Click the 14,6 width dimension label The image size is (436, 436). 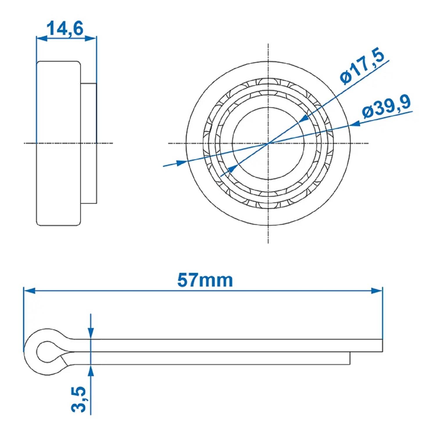coord(65,28)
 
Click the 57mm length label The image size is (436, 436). coord(205,280)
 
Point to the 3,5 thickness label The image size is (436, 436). coord(79,399)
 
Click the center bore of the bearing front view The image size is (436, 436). coord(268,143)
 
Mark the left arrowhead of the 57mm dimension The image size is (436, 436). coord(29,290)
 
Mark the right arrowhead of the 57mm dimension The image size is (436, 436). coord(377,290)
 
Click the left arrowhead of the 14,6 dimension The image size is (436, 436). coord(42,38)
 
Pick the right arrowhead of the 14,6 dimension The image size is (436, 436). coord(91,38)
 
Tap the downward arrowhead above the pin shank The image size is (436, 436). coord(91,333)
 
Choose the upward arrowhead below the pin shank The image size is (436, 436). coord(91,370)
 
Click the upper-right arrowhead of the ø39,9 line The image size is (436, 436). coord(355,124)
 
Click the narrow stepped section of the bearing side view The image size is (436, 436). coord(89,143)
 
